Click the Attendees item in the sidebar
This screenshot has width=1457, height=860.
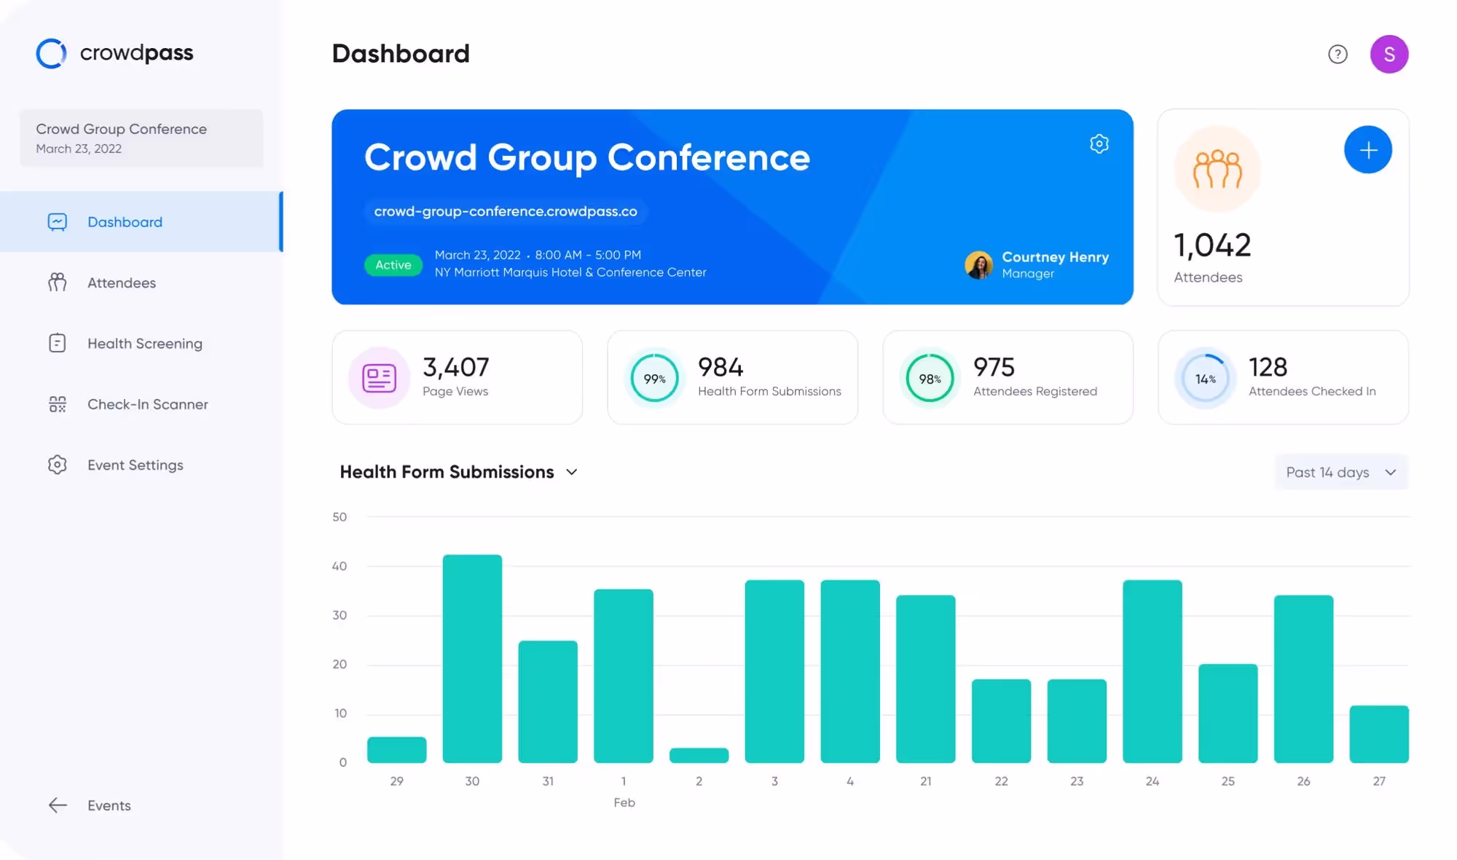(x=121, y=283)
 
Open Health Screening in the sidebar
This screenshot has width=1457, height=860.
(x=144, y=343)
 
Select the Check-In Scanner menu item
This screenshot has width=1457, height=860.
(x=147, y=404)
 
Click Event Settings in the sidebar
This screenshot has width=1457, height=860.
(x=135, y=465)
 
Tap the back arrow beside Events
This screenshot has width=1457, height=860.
(x=58, y=805)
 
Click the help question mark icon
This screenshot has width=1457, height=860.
(x=1338, y=54)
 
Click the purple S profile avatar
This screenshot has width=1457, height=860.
(x=1389, y=54)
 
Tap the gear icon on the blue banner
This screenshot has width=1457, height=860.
(x=1099, y=144)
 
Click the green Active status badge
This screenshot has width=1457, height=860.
(x=393, y=265)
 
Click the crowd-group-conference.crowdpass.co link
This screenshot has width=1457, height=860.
(x=506, y=211)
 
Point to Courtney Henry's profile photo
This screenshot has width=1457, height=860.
(x=978, y=265)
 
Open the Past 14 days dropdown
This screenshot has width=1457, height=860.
(x=1340, y=472)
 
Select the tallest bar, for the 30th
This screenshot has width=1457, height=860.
(x=472, y=658)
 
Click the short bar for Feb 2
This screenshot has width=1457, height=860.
(x=699, y=755)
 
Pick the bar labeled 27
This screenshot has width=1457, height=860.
(x=1378, y=734)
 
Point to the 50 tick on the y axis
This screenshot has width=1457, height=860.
(x=339, y=517)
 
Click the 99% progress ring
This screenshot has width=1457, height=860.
(x=654, y=378)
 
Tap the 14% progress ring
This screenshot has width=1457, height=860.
(x=1205, y=378)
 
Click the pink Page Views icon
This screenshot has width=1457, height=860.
(x=379, y=378)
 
